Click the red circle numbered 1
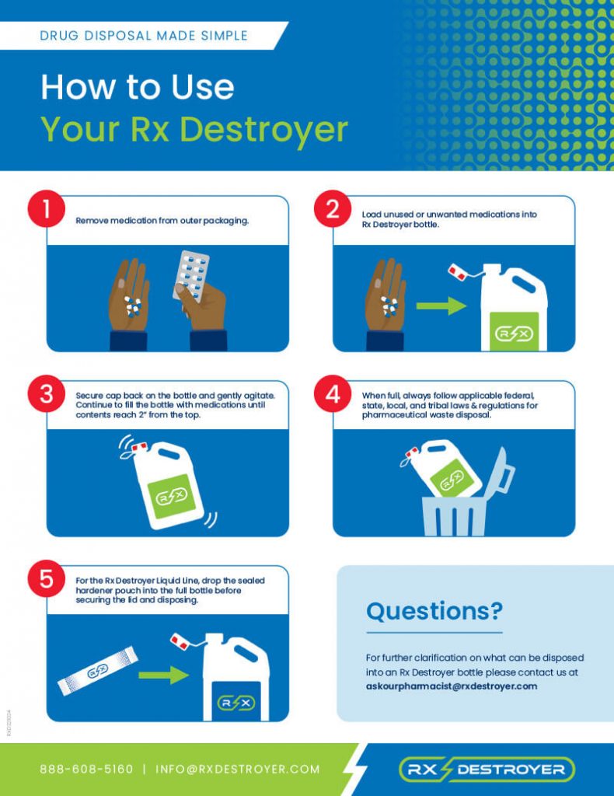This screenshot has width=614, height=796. [x=46, y=208]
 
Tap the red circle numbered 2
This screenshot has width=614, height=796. [x=333, y=208]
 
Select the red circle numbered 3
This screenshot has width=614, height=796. [x=46, y=394]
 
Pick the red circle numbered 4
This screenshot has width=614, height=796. [x=333, y=394]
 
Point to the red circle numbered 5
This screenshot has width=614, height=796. [x=46, y=578]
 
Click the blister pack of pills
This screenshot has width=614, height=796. [x=191, y=275]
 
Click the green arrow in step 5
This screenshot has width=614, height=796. [x=163, y=676]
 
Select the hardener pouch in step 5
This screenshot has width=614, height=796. [x=98, y=671]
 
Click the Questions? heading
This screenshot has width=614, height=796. [x=434, y=611]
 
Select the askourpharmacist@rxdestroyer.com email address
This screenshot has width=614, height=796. [x=451, y=686]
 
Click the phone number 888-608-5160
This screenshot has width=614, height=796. [x=86, y=769]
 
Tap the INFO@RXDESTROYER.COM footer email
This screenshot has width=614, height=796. [x=238, y=769]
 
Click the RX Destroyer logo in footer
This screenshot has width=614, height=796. [x=487, y=770]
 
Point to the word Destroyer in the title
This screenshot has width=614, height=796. [x=264, y=130]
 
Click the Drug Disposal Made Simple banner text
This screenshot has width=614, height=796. [x=144, y=36]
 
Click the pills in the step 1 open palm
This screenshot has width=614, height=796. [x=133, y=306]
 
